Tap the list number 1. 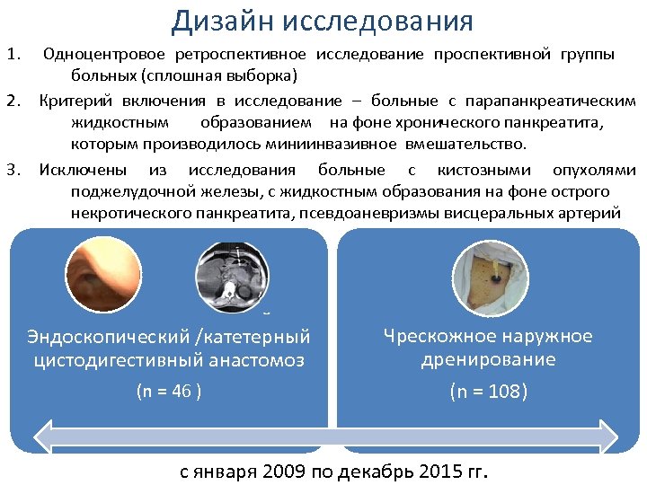[x=13, y=55]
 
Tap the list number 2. [x=13, y=101]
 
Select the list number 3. [x=13, y=170]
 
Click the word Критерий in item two [x=76, y=101]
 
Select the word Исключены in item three [x=83, y=170]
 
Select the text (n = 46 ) [x=168, y=391]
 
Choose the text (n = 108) [x=488, y=392]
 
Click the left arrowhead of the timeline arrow [x=43, y=437]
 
